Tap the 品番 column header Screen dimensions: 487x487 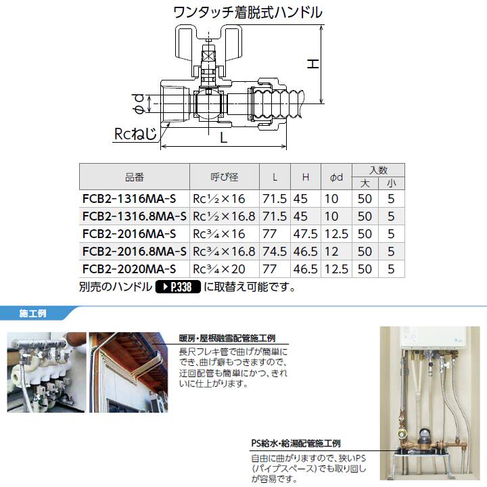[135, 177]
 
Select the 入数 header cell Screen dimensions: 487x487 [378, 170]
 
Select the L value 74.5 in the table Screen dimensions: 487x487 [275, 252]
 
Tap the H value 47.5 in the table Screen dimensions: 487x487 [306, 234]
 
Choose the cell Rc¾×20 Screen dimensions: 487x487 [220, 269]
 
